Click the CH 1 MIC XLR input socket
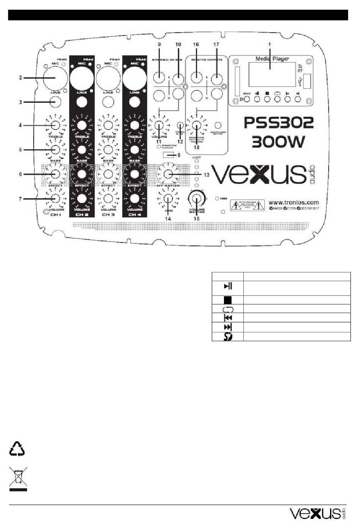pos(55,78)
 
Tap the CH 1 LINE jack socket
pos(55,102)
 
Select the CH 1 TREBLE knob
pos(55,125)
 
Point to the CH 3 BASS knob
pos(108,150)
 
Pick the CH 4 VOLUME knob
pos(135,198)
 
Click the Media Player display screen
pos(272,74)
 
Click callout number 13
pos(207,175)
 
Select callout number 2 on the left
pos(21,78)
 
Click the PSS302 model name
pos(279,122)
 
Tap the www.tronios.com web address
pos(294,202)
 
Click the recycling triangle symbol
pos(17,449)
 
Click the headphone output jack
pos(218,125)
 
